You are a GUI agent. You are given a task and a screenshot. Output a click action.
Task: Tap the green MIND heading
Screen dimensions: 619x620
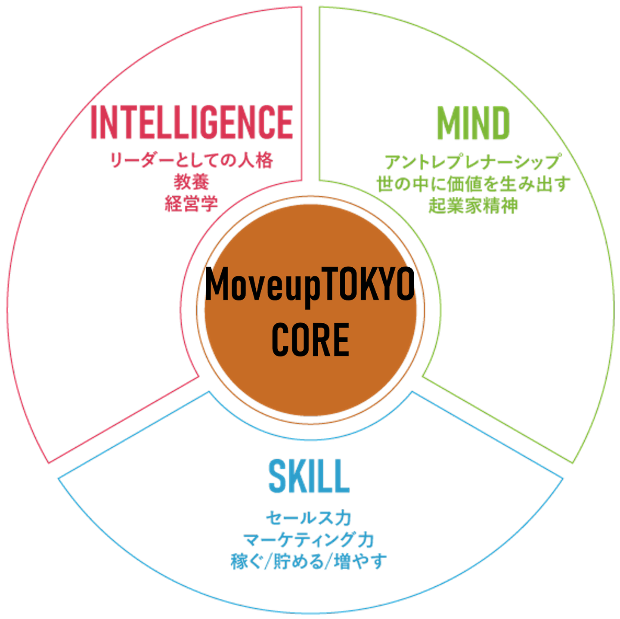pyautogui.click(x=473, y=124)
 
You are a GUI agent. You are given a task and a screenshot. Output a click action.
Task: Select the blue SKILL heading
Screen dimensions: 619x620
pyautogui.click(x=308, y=477)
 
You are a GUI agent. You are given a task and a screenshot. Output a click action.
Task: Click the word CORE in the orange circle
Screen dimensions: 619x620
pyautogui.click(x=310, y=340)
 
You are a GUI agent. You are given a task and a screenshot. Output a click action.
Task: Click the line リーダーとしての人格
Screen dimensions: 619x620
pyautogui.click(x=192, y=161)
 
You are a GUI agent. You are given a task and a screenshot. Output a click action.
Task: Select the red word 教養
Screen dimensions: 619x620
pyautogui.click(x=192, y=182)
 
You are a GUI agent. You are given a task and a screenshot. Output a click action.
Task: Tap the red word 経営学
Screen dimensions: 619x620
pyautogui.click(x=192, y=204)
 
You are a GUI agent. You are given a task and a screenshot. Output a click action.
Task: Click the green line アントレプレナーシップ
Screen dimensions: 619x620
pyautogui.click(x=473, y=162)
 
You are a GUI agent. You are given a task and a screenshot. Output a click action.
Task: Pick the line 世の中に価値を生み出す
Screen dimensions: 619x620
pyautogui.click(x=473, y=184)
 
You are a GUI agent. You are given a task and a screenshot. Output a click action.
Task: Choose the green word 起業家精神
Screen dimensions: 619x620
pyautogui.click(x=473, y=206)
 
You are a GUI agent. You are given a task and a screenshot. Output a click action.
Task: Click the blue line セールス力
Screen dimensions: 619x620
pyautogui.click(x=308, y=518)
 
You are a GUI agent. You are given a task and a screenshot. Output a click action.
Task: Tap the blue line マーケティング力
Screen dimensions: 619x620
pyautogui.click(x=308, y=540)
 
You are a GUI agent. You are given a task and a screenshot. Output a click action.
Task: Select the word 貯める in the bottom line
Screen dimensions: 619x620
pyautogui.click(x=298, y=562)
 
